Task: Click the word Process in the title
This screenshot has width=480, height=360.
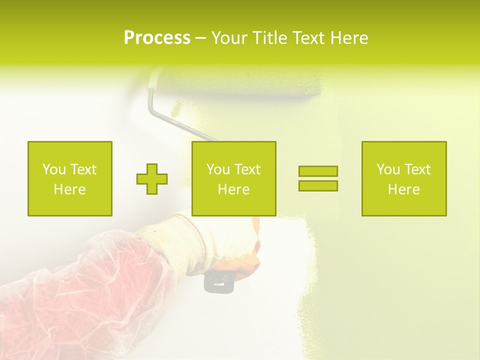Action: click(x=157, y=38)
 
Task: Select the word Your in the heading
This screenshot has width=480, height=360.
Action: click(x=229, y=38)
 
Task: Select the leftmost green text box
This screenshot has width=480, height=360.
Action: click(x=70, y=178)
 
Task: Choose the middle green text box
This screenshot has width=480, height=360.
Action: click(x=233, y=178)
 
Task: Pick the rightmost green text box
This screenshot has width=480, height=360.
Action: click(x=404, y=178)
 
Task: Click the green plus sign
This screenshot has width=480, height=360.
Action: click(x=152, y=179)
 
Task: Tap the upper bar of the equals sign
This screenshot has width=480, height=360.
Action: click(x=318, y=171)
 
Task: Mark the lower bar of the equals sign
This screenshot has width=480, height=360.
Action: click(x=318, y=185)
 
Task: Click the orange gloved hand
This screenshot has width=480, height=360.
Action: click(x=250, y=245)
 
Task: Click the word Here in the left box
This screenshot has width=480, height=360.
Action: click(x=69, y=189)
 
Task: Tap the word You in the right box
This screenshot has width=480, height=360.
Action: click(x=388, y=169)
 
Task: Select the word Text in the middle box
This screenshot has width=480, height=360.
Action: click(x=247, y=169)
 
